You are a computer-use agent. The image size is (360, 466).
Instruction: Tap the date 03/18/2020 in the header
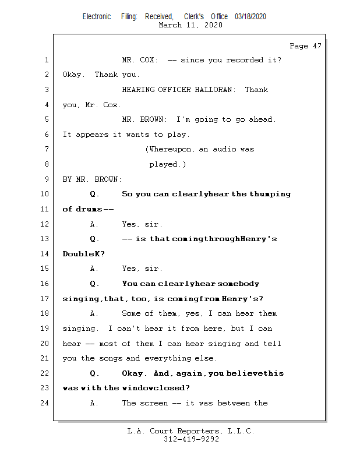(x=250, y=17)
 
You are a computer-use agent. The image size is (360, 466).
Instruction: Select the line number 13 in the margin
(x=46, y=239)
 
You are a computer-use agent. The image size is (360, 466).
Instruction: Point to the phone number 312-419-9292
(x=191, y=440)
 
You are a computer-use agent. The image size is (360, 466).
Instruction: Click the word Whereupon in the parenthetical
(x=172, y=149)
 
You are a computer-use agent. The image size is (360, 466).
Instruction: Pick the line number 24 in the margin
(x=46, y=403)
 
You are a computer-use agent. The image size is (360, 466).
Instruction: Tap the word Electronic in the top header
(x=97, y=17)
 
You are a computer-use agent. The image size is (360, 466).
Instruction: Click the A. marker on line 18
(x=94, y=313)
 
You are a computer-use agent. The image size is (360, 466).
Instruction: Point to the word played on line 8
(x=167, y=164)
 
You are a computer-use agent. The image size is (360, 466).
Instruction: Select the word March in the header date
(x=171, y=25)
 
